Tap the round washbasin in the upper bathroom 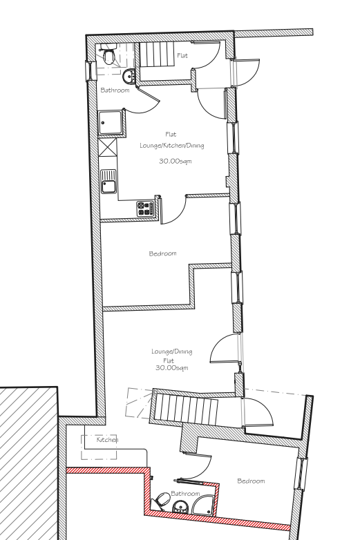(129, 75)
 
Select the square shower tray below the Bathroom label (111, 123)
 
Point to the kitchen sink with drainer (109, 182)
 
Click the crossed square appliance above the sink (108, 147)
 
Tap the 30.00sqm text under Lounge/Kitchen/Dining (176, 161)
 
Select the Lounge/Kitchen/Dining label (172, 145)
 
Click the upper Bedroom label (162, 253)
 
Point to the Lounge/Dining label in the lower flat (172, 351)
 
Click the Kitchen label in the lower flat (108, 439)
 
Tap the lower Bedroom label (251, 481)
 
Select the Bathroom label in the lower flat (185, 494)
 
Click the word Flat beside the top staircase (182, 55)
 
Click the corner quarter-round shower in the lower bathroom (203, 505)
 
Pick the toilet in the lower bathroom (162, 501)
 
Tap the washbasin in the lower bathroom (180, 507)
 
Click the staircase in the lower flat (186, 408)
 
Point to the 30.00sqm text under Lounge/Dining (172, 368)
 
